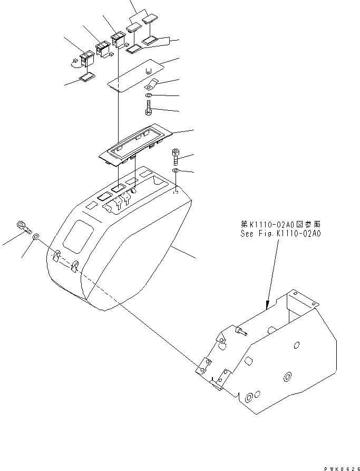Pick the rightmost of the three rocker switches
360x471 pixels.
(116, 39)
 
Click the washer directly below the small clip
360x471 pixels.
(149, 95)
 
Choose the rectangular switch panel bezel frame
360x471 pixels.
(135, 144)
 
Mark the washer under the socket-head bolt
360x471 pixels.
(176, 171)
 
